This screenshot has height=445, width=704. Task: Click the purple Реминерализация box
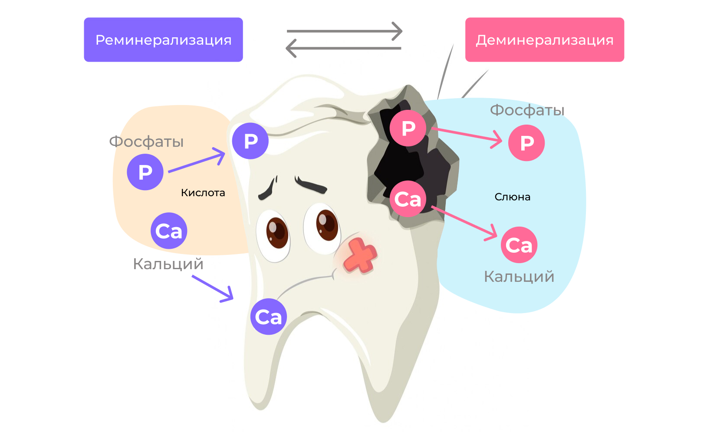point(163,40)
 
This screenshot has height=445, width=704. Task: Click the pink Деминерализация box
point(544,40)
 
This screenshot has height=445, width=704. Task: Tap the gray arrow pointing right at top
point(345,31)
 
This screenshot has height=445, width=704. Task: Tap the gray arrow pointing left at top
point(343,48)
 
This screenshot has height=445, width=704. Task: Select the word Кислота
point(203,193)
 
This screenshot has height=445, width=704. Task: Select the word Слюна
point(512,197)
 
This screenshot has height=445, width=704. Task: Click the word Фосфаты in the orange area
point(146,142)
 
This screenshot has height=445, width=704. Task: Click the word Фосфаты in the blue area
point(527,110)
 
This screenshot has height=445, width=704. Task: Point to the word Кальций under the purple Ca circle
point(168,264)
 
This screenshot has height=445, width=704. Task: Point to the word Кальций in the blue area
point(519,277)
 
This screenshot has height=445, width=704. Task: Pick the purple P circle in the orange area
point(145,172)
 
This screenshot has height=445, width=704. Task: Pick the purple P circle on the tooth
point(250,141)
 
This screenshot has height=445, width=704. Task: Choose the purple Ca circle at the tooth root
point(268,316)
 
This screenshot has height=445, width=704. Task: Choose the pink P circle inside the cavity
point(408,128)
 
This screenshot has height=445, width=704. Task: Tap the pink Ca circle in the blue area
point(519,245)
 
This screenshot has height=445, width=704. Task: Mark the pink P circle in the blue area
point(526,143)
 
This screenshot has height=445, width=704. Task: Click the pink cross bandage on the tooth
point(360,256)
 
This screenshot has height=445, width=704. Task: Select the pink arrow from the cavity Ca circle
point(464,222)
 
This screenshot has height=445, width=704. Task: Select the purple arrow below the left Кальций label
point(213,288)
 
